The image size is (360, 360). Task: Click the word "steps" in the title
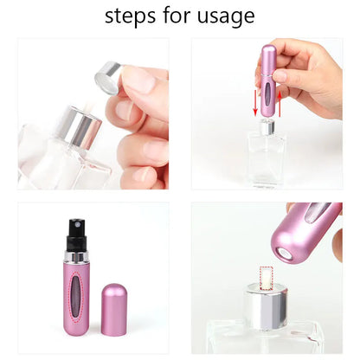pyautogui.click(x=131, y=16)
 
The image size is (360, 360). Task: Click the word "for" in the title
pyautogui.click(x=177, y=16)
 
